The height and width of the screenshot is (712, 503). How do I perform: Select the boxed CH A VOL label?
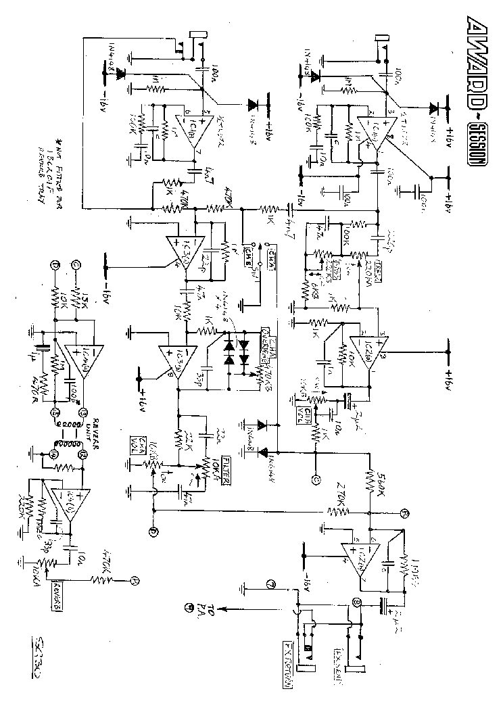[x=136, y=446]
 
